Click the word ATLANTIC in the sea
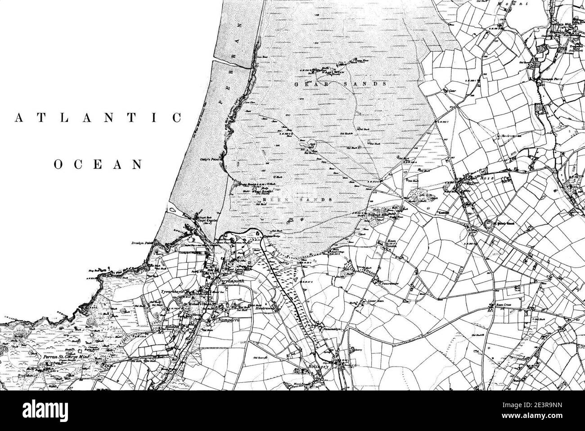tap(98, 118)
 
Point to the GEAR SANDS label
tap(340, 84)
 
